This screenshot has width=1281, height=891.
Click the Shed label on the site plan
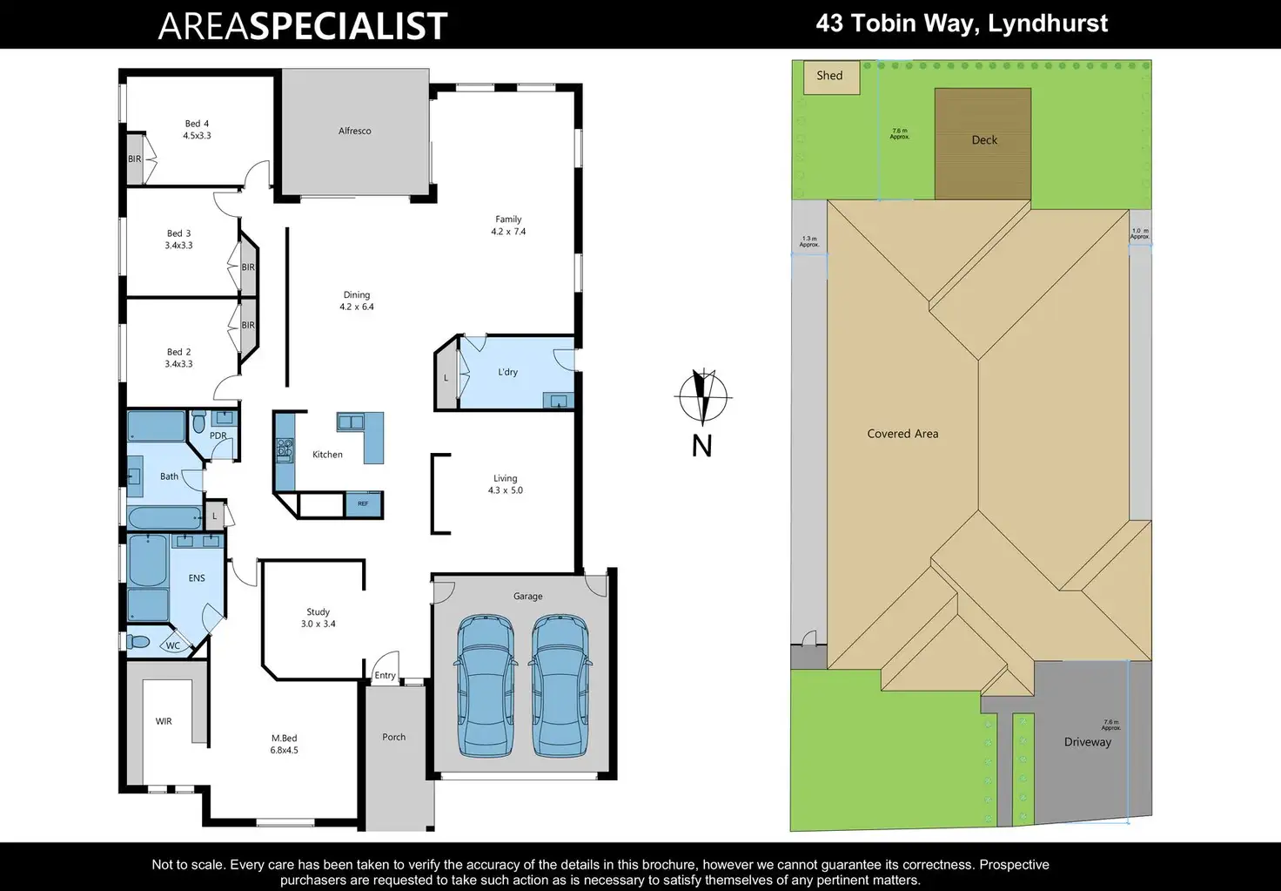click(829, 76)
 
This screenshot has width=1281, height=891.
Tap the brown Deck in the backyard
click(983, 144)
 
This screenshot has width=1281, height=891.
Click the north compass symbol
click(702, 396)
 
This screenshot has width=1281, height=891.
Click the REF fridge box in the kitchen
click(363, 503)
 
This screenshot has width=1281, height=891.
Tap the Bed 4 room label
click(197, 124)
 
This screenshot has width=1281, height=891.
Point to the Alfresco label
click(354, 132)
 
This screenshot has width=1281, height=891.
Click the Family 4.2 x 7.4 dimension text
click(508, 232)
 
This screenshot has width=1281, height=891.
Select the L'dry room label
click(507, 372)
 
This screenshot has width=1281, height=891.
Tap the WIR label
click(164, 721)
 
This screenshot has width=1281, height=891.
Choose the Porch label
click(393, 737)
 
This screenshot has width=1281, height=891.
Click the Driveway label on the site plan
click(1087, 742)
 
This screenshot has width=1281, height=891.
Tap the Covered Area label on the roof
click(902, 434)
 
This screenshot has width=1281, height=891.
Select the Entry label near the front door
click(385, 675)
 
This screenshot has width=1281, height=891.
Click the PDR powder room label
click(218, 435)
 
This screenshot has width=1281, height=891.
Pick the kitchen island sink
click(351, 422)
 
